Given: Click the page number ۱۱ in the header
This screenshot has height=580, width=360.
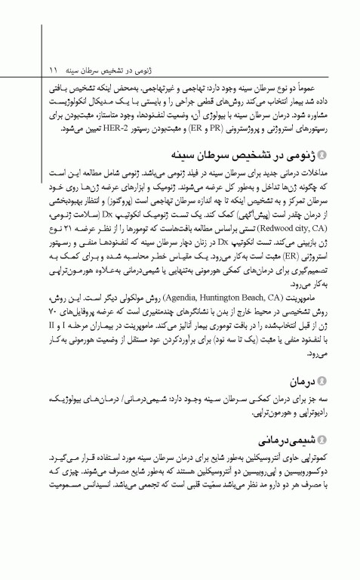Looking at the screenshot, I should point(53,69).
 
